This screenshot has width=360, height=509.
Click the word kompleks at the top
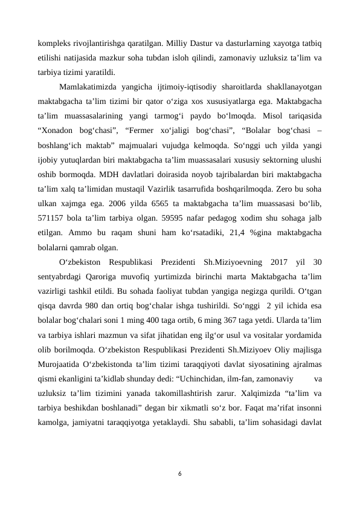click(x=55, y=43)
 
